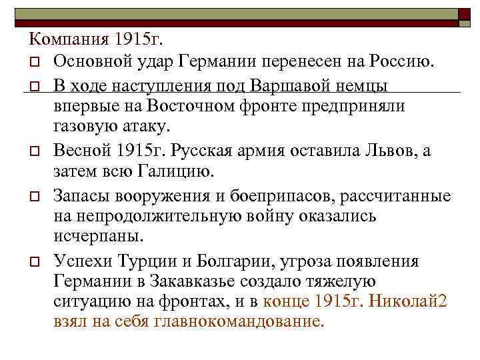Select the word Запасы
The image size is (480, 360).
84,195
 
